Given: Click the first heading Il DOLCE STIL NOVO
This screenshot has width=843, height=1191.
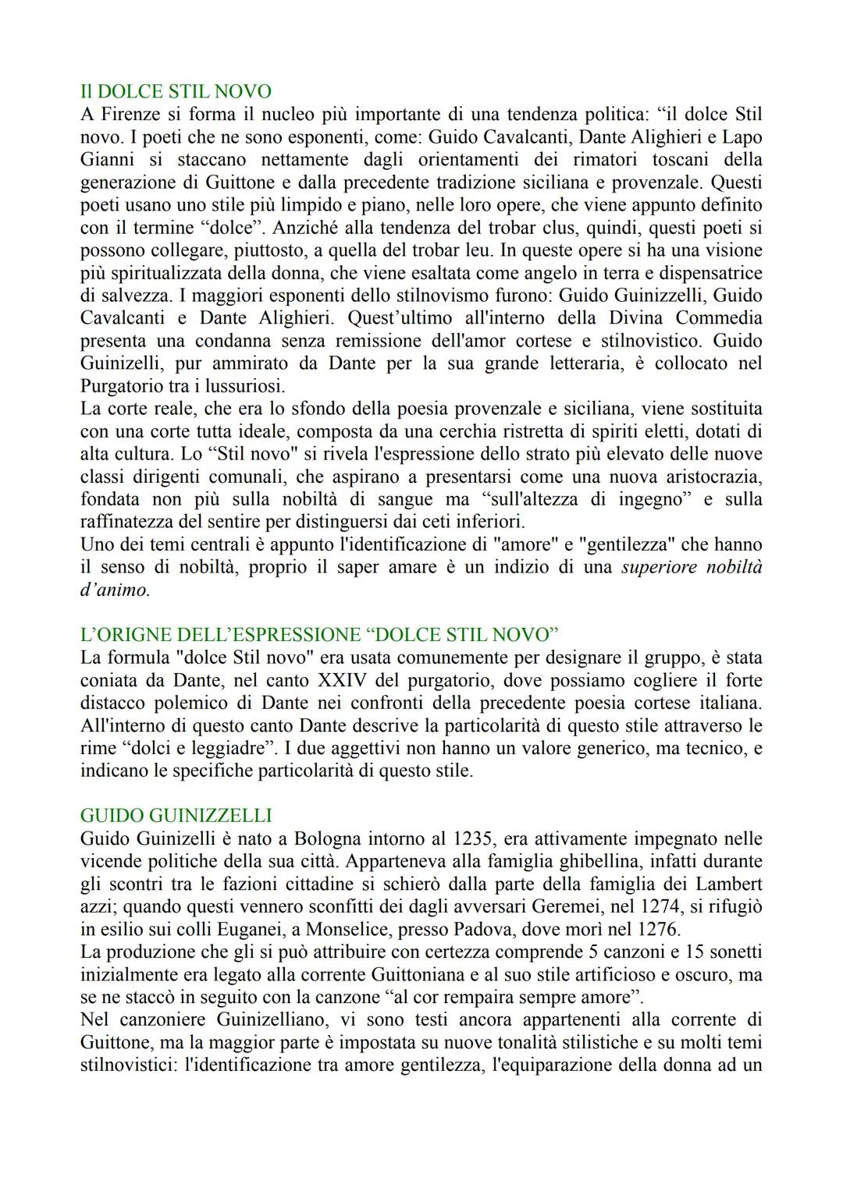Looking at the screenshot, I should coord(176,92).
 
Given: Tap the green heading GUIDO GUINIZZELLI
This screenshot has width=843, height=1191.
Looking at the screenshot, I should coord(176,816).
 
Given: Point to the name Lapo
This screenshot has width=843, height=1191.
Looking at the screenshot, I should coord(741,137).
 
